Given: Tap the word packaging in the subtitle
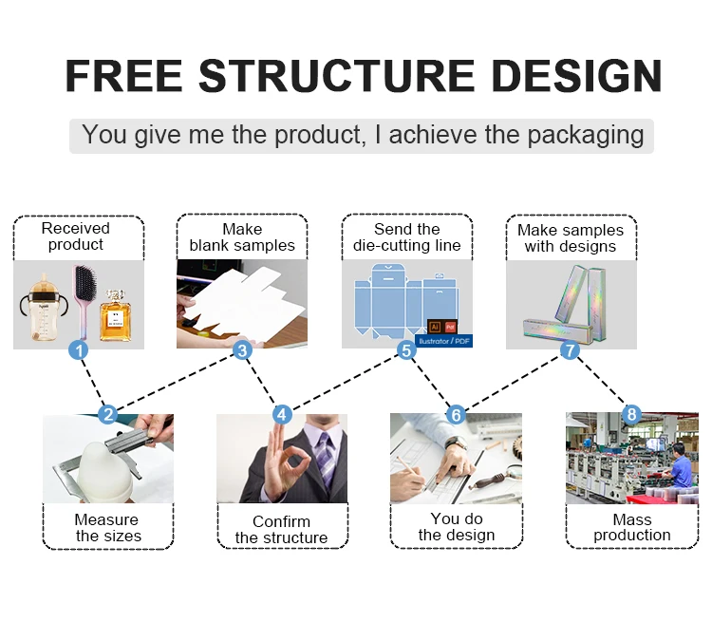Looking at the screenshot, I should point(585,135).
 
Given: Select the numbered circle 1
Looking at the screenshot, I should point(80,350).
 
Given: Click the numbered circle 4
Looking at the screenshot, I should point(282,415).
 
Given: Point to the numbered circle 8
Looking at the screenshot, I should point(632,414).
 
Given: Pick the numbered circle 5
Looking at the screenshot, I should point(406,350).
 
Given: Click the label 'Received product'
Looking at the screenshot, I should point(76,236).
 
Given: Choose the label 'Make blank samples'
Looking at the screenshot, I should point(242,237).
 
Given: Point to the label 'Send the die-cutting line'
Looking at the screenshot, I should point(406,237).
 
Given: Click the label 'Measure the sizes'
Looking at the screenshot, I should point(107,527).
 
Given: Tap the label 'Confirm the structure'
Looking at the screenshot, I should point(281,529).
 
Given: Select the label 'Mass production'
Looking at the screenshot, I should point(631,527).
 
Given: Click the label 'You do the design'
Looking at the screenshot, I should point(457,527).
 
